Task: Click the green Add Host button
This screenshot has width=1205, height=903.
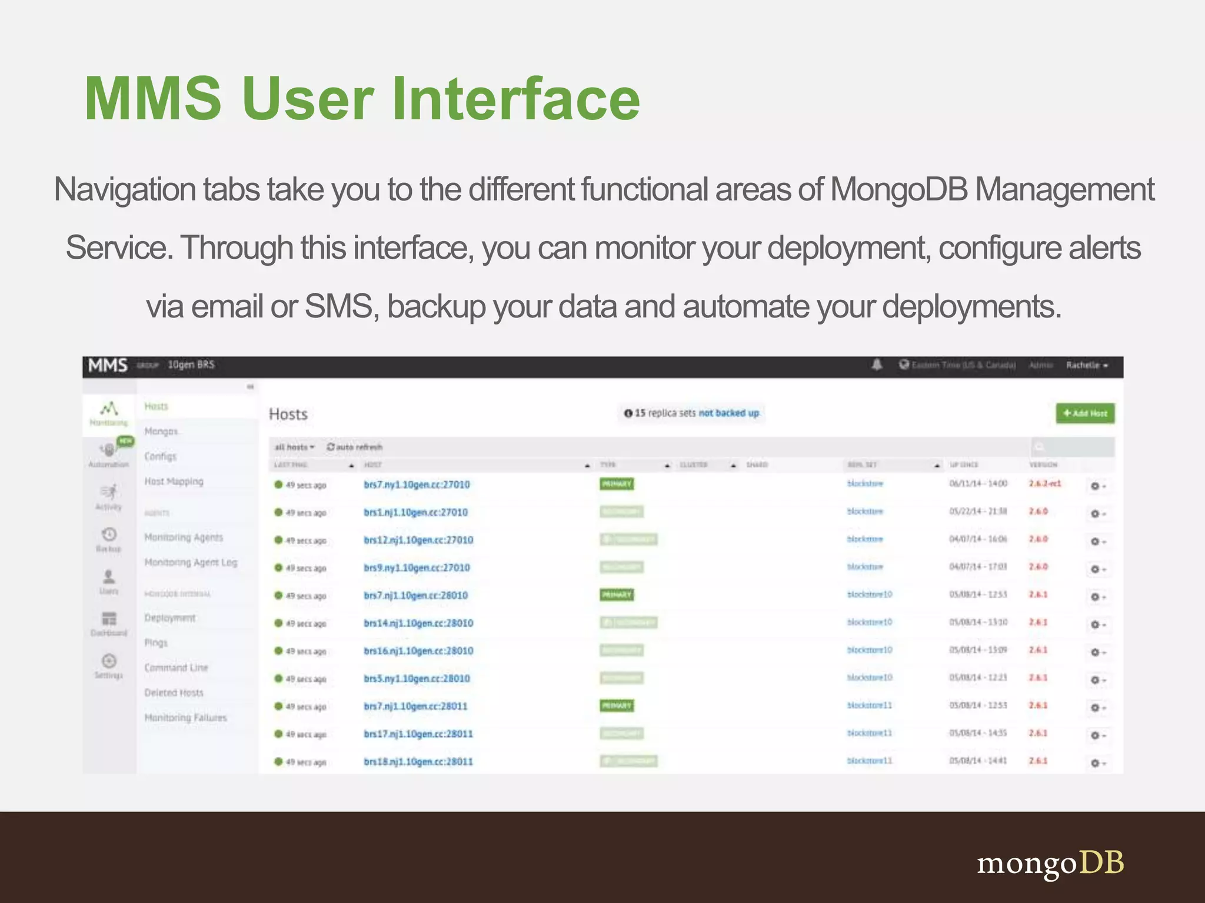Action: (x=1085, y=413)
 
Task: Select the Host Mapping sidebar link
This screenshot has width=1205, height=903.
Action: (x=174, y=481)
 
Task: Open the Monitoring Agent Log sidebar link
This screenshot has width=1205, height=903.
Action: (x=191, y=563)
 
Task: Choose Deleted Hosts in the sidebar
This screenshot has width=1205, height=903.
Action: (x=174, y=693)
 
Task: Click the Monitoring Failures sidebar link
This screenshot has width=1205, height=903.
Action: (x=185, y=718)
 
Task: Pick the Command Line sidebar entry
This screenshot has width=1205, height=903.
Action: (x=176, y=668)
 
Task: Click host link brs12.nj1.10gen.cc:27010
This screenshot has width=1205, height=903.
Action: (x=418, y=540)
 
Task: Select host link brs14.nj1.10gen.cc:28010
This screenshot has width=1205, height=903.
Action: (x=418, y=623)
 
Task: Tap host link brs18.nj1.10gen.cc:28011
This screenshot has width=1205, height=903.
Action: (x=418, y=762)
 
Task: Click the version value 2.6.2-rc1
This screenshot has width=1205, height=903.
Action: (x=1045, y=484)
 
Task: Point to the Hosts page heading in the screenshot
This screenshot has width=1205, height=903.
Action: (x=288, y=414)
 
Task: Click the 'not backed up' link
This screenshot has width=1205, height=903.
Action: (x=728, y=413)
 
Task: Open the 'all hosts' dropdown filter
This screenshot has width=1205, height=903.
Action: (x=294, y=447)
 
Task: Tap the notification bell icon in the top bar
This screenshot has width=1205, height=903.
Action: (x=877, y=365)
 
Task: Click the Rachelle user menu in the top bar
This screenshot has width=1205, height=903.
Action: (x=1087, y=365)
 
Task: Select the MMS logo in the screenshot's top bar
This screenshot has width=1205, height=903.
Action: (x=108, y=365)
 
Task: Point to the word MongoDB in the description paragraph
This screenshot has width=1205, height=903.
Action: (x=898, y=190)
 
